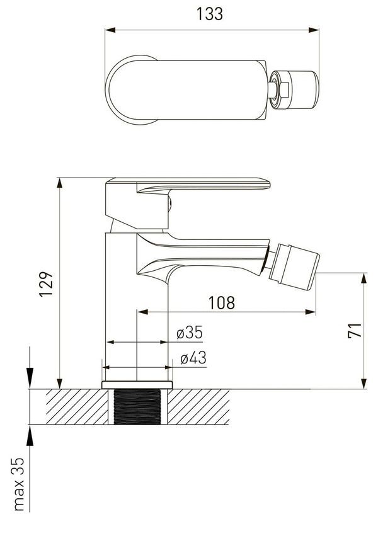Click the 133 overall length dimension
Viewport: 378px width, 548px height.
(209, 14)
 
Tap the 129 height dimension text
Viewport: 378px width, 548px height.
(46, 284)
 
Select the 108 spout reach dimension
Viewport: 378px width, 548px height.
(222, 302)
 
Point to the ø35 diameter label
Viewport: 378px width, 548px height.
(190, 332)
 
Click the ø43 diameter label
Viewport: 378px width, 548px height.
(193, 358)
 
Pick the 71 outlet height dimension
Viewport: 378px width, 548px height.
(355, 330)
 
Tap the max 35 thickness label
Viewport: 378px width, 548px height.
(19, 484)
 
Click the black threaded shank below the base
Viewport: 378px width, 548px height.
(137, 407)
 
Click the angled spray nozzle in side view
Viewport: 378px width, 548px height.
(294, 267)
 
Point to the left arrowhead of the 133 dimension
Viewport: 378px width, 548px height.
(110, 30)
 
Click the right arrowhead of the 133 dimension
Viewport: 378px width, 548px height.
(314, 30)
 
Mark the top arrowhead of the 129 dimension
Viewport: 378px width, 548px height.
(60, 183)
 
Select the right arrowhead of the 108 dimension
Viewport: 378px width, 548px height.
(311, 312)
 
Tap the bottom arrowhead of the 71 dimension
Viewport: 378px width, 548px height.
(364, 384)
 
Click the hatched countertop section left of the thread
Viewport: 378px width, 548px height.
(77, 407)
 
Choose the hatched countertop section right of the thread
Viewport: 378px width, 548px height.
(198, 407)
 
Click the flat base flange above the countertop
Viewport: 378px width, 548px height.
(137, 385)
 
